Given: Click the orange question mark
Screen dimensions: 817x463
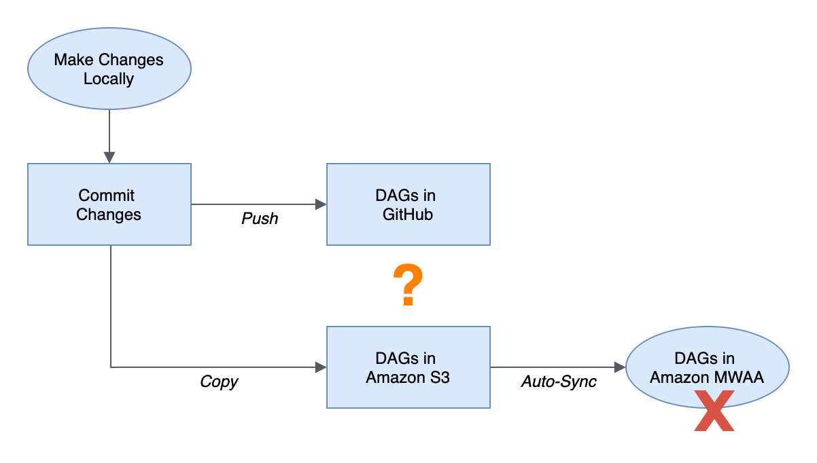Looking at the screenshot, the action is tap(408, 284).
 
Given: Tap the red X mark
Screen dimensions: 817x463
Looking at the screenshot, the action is tap(714, 411).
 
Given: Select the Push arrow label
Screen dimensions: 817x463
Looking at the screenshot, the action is tap(260, 219).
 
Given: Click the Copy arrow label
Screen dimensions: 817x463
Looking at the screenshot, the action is tap(219, 382).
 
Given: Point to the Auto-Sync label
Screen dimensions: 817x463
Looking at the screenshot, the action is tap(559, 382).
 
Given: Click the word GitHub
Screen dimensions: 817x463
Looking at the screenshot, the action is tap(408, 215).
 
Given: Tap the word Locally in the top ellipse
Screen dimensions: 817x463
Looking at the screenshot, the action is tap(109, 79).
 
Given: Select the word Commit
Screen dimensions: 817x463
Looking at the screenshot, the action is tap(106, 196).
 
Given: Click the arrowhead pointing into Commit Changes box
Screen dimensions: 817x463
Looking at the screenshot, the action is tap(109, 158).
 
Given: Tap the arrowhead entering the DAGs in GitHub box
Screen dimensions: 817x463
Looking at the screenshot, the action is tap(321, 204).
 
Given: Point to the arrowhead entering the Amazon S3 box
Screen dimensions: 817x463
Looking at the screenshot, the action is tap(321, 367).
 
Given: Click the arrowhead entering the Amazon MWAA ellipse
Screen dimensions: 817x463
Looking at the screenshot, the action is tap(620, 367).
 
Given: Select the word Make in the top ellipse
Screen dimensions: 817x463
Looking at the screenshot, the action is tap(73, 60).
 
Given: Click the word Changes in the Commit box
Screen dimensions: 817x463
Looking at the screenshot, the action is tap(109, 215).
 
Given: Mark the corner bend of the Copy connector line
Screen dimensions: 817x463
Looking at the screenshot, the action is tap(111, 367).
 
